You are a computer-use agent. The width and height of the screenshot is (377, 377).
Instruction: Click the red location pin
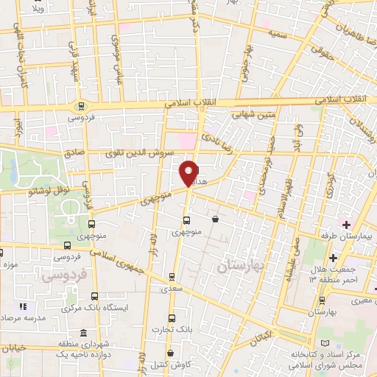(x=189, y=172)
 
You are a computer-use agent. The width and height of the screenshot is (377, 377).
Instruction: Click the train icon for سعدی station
(x=172, y=278)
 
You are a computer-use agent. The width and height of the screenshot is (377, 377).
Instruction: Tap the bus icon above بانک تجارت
(x=172, y=319)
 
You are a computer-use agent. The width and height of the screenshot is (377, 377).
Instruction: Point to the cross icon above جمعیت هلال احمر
(x=333, y=257)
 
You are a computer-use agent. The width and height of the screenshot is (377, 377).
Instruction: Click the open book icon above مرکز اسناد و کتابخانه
(x=327, y=344)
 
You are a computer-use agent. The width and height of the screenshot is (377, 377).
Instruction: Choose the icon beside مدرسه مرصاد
(x=23, y=306)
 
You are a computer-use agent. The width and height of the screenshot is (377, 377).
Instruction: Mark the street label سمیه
(x=277, y=33)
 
